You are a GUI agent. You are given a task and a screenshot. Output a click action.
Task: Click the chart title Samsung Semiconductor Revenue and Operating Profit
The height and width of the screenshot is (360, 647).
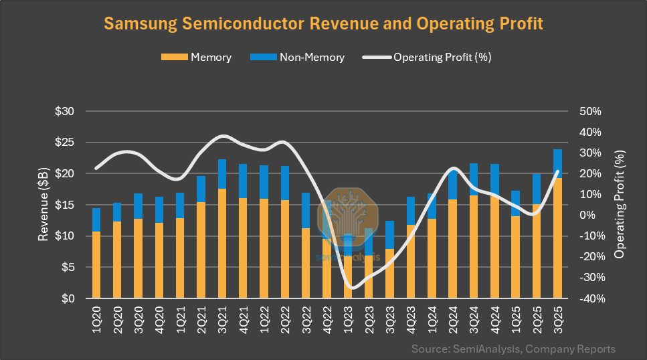point(323,23)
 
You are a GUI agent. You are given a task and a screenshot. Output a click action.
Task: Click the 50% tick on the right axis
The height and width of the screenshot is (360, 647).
point(591,111)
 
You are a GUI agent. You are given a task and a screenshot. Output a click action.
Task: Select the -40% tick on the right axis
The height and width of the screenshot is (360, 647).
point(590,298)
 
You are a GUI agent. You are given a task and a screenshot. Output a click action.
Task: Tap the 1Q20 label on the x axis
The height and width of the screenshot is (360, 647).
point(97,317)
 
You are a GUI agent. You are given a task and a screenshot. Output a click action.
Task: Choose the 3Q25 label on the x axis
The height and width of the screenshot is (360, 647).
point(557,317)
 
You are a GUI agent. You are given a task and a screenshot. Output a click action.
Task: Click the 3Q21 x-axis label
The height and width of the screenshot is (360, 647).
point(222,317)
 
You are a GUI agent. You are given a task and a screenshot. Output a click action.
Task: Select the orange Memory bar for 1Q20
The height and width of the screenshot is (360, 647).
point(96,265)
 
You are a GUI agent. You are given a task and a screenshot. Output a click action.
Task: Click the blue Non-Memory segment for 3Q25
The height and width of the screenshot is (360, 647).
point(557,163)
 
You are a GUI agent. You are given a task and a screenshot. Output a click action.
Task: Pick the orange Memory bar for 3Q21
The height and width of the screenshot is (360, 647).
point(222,244)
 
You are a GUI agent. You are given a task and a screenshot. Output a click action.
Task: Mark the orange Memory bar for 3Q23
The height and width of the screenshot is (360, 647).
point(389,274)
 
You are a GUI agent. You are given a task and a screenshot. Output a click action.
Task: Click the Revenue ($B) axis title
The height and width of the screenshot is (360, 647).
point(43,205)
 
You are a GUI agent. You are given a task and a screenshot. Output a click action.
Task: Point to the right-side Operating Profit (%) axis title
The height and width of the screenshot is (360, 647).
point(620,205)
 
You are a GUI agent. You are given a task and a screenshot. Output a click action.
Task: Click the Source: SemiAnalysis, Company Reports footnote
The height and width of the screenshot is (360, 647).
point(513,349)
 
